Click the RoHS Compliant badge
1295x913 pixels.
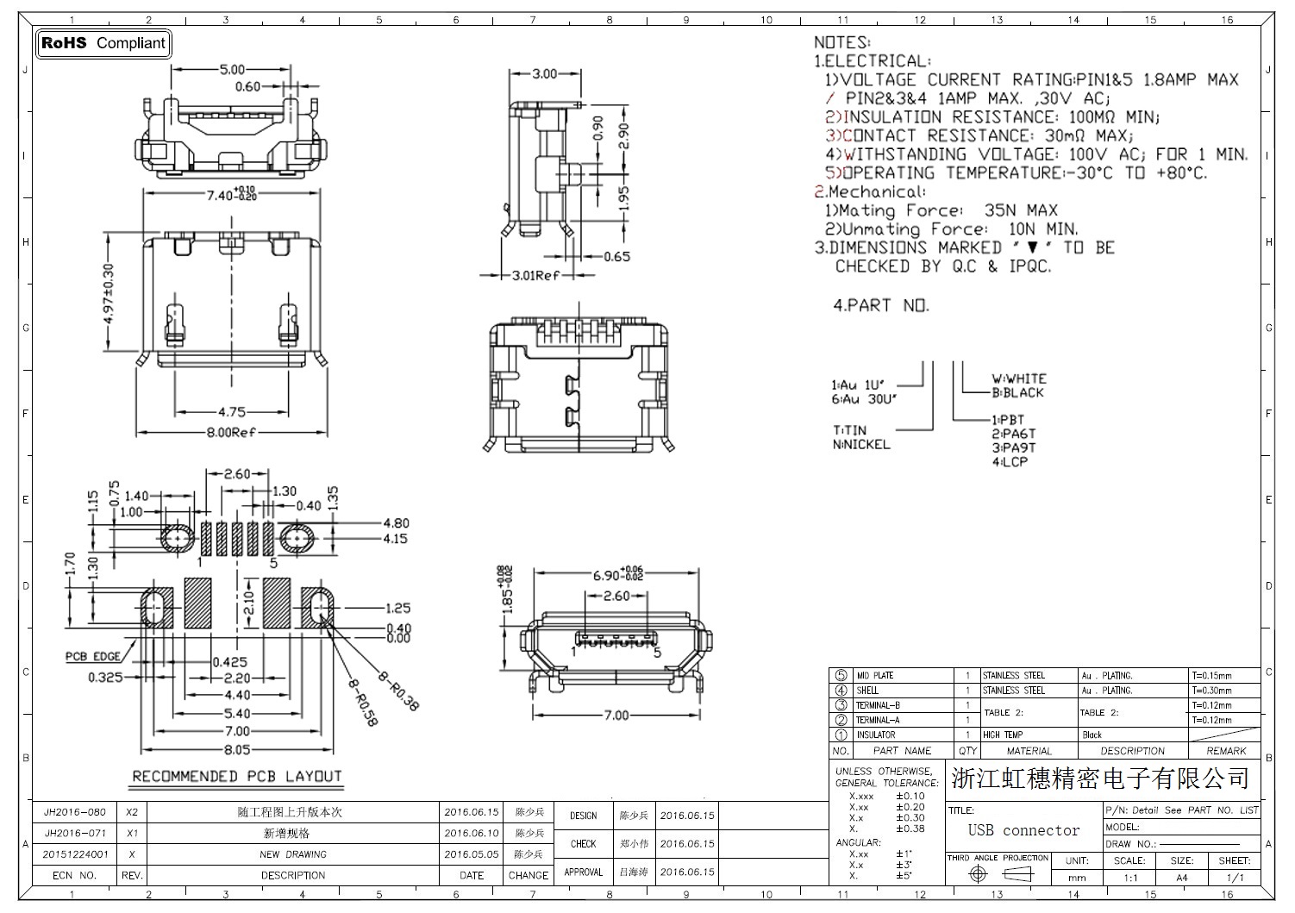click(103, 43)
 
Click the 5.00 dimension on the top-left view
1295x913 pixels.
click(232, 70)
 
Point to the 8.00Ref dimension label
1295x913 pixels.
click(230, 432)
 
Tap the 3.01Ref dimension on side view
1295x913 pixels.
click(535, 276)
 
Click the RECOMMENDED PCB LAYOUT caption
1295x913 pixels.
click(237, 776)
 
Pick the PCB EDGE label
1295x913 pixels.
click(93, 657)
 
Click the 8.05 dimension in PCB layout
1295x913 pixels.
click(236, 750)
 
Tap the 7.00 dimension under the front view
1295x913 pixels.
click(616, 715)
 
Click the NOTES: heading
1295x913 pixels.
click(841, 42)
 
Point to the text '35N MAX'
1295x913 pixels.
click(1021, 210)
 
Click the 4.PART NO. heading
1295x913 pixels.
click(881, 305)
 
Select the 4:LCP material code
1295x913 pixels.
click(1010, 462)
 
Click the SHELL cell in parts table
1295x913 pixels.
click(867, 691)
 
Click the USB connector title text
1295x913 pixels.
click(1023, 830)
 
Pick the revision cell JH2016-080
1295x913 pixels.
click(75, 812)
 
